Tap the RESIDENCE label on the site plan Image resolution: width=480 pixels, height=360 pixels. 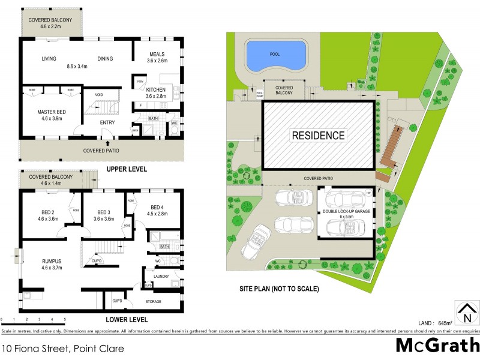coord(318,135)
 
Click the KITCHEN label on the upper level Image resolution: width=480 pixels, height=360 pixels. coord(155,92)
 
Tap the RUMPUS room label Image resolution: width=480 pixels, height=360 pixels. coord(53,261)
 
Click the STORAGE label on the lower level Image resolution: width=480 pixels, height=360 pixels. coord(155,301)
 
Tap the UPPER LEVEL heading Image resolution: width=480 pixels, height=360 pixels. coord(127,169)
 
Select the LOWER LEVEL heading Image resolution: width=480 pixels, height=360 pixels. coord(127,319)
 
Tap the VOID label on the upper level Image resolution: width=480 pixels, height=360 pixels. coord(97,94)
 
